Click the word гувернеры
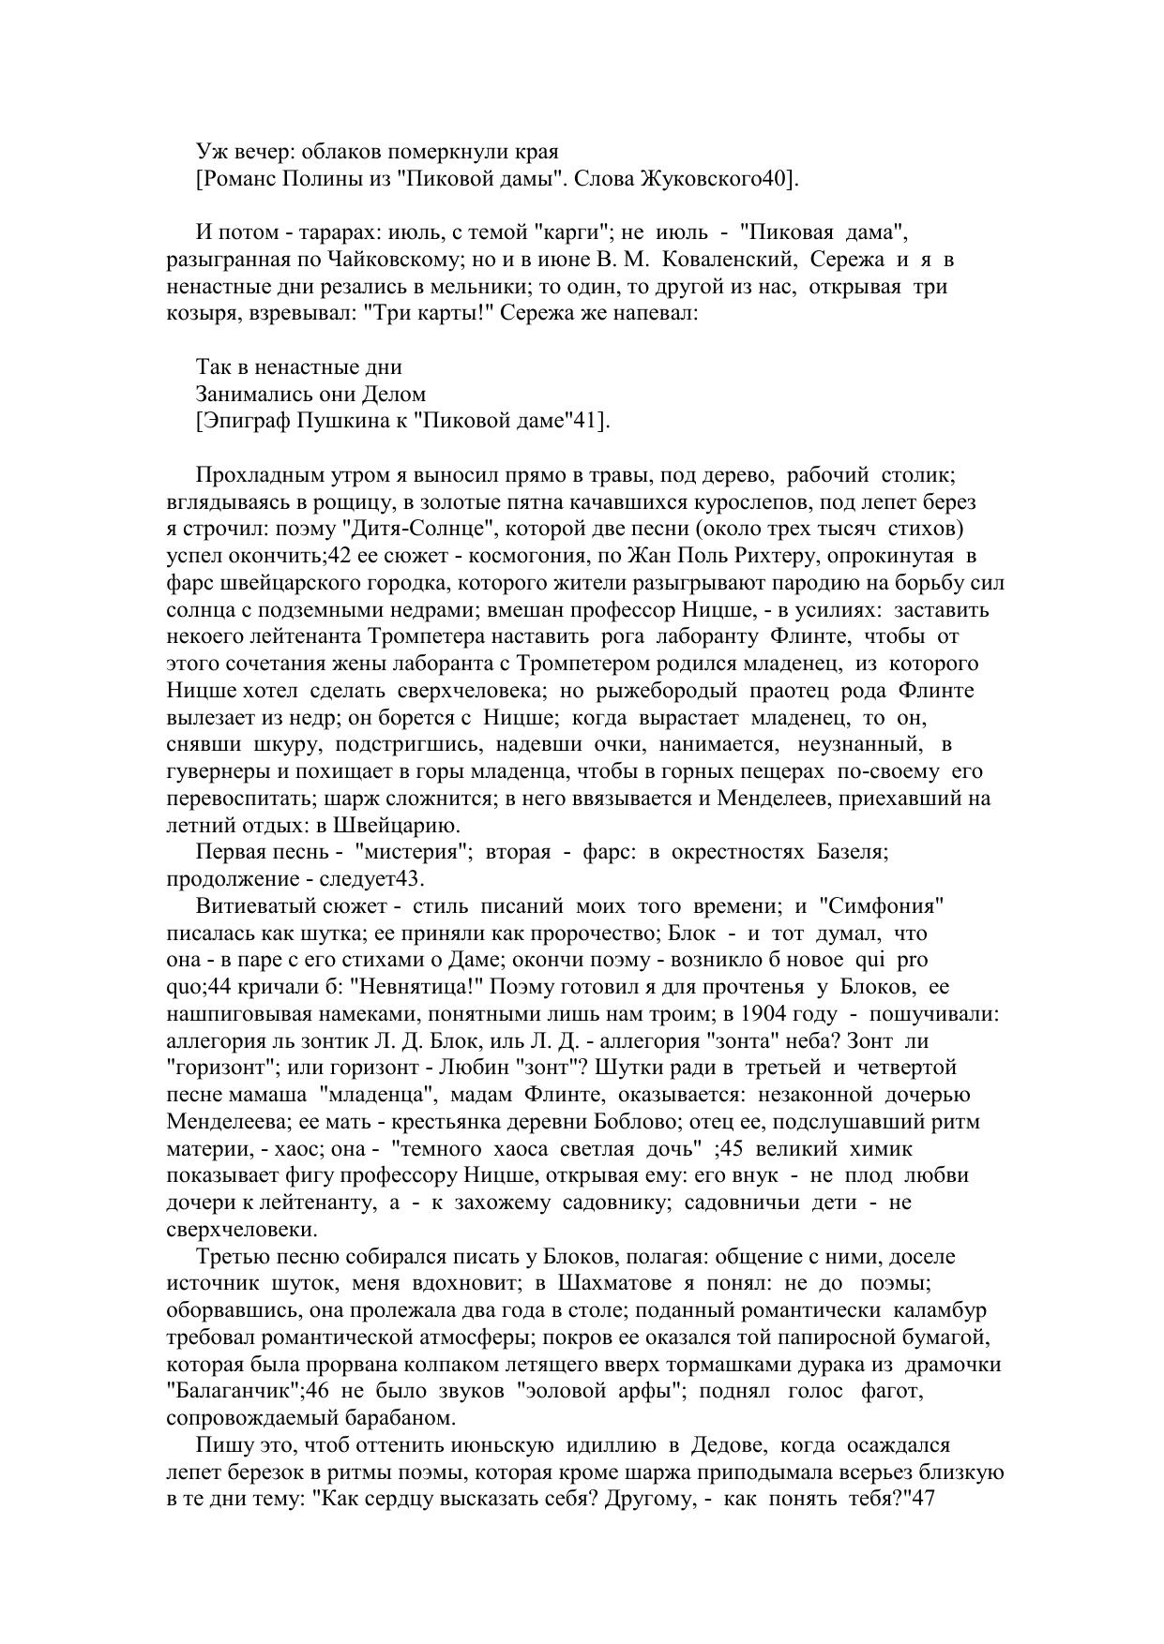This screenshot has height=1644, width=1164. pyautogui.click(x=218, y=772)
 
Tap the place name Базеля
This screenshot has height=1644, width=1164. pyautogui.click(x=851, y=853)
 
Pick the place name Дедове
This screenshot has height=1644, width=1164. pyautogui.click(x=722, y=1445)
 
